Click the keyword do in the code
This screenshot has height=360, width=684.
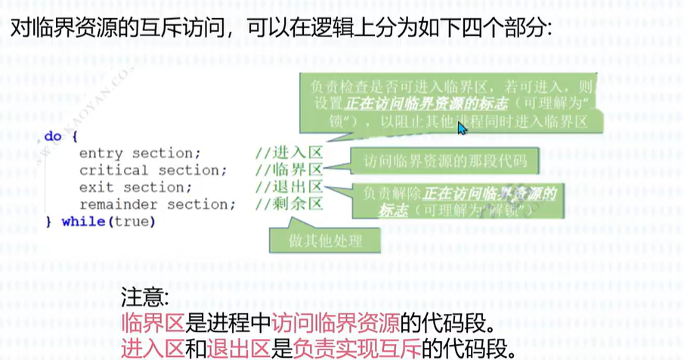coord(52,137)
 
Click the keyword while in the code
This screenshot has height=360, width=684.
coord(85,222)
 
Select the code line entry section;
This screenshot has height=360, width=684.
coord(140,154)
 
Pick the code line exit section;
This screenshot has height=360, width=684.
coord(135,188)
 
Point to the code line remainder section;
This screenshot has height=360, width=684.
coord(157,204)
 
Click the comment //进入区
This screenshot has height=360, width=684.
coord(289,154)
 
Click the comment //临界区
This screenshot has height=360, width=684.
coord(289,170)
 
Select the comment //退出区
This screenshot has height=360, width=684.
coord(289,188)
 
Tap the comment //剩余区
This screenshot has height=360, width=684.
coord(289,204)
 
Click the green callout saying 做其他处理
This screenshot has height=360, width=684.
coord(326,241)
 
